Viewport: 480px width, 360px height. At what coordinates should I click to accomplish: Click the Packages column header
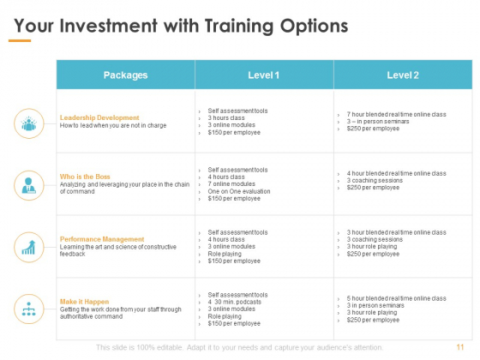pyautogui.click(x=125, y=75)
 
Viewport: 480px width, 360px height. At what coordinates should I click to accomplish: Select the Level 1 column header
pyautogui.click(x=264, y=75)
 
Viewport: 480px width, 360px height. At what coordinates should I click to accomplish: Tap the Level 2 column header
pyautogui.click(x=403, y=75)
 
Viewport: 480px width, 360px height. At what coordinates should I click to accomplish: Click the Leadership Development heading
pyautogui.click(x=99, y=118)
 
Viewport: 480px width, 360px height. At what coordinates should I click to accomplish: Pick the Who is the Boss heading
pyautogui.click(x=85, y=177)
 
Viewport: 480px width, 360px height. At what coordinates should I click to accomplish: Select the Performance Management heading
pyautogui.click(x=102, y=239)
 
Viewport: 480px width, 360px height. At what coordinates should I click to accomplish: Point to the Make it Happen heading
pyautogui.click(x=84, y=302)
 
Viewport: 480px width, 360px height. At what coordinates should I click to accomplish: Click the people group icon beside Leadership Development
pyautogui.click(x=29, y=123)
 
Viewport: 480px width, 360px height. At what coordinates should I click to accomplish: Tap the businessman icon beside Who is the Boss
pyautogui.click(x=29, y=185)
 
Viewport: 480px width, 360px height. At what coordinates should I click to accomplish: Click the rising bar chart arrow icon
pyautogui.click(x=29, y=248)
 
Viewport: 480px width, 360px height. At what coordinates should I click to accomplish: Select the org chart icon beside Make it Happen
pyautogui.click(x=29, y=309)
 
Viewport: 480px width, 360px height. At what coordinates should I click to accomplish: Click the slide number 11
pyautogui.click(x=460, y=347)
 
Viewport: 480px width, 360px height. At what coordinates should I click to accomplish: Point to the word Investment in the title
pyautogui.click(x=109, y=26)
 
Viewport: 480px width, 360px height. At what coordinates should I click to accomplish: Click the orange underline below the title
pyautogui.click(x=20, y=40)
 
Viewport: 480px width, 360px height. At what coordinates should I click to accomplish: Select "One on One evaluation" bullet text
pyautogui.click(x=239, y=191)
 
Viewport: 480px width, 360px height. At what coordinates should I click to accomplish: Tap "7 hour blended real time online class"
pyautogui.click(x=396, y=114)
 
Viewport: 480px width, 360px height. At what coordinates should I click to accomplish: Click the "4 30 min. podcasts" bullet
pyautogui.click(x=235, y=302)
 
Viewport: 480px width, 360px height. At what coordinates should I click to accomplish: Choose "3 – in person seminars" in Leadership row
pyautogui.click(x=378, y=121)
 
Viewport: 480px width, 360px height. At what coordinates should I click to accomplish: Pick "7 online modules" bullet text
pyautogui.click(x=231, y=184)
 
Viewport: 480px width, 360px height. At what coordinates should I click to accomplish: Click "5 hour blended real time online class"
pyautogui.click(x=396, y=298)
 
